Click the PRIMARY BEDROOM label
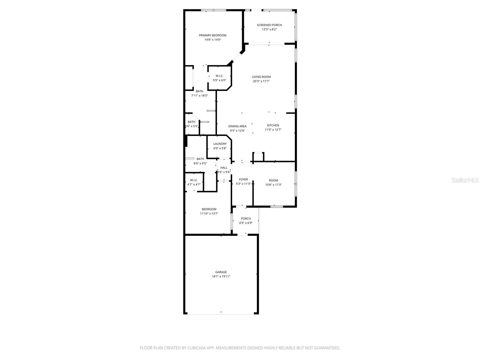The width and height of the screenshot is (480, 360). (212, 35)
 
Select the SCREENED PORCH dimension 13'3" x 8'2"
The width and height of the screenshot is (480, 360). (269, 29)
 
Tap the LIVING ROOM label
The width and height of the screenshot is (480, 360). (261, 77)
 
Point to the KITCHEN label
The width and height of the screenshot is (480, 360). (273, 125)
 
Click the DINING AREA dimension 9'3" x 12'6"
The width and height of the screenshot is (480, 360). (237, 130)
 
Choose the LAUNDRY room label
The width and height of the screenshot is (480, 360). (220, 144)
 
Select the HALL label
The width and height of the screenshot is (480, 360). (224, 168)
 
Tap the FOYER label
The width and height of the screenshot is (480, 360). (243, 179)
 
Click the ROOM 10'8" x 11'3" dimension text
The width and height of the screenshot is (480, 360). (273, 185)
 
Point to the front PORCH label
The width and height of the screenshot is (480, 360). (246, 218)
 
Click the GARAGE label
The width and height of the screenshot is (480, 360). (221, 272)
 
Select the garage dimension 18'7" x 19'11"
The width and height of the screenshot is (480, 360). (221, 277)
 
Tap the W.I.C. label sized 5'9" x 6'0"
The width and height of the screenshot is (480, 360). (219, 76)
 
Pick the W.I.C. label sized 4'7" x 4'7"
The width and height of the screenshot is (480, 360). (194, 180)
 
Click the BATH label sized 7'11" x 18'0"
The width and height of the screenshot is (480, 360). (199, 91)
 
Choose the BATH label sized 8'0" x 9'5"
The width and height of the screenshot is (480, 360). (200, 159)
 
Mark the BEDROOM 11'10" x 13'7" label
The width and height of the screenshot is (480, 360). (209, 209)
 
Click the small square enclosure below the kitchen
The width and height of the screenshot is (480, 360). (258, 157)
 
